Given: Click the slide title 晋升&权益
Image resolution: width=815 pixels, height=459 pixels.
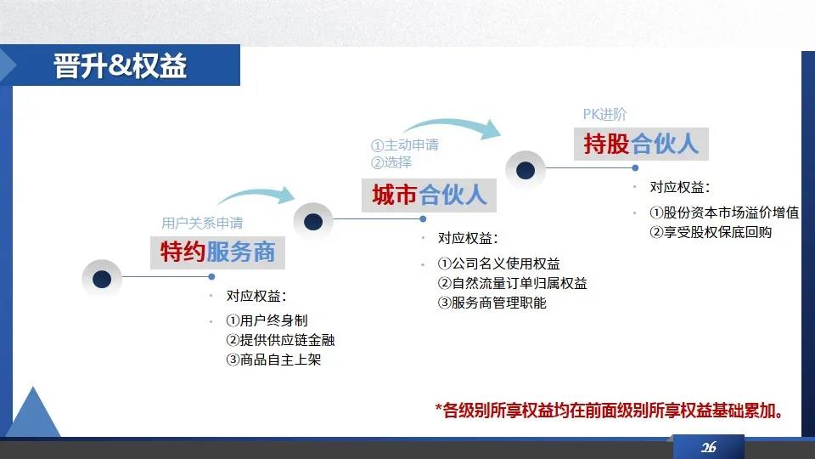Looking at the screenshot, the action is (x=120, y=66).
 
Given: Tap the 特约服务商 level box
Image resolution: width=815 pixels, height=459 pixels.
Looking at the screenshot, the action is (x=218, y=252).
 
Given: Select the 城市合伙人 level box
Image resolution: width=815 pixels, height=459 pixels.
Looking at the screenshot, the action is (x=429, y=195).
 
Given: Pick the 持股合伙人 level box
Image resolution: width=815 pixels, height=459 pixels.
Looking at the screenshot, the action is (x=641, y=144).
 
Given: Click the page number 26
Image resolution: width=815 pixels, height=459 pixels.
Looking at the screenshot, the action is (x=708, y=447).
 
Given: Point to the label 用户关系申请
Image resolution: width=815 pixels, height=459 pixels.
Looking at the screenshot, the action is (x=202, y=224).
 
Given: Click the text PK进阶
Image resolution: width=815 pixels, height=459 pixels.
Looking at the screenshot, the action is (x=604, y=114).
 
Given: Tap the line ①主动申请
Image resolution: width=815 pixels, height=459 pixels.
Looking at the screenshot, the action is (x=405, y=144).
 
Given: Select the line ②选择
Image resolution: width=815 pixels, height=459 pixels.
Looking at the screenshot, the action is (x=391, y=162).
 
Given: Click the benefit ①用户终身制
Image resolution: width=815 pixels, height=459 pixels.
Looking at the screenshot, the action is (x=267, y=320).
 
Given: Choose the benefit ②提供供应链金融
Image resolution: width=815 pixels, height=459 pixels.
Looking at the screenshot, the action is (x=280, y=340).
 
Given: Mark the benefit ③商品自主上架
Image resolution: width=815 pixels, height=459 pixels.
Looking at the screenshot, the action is (x=273, y=360).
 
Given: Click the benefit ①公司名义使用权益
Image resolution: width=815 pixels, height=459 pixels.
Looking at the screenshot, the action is (x=499, y=263).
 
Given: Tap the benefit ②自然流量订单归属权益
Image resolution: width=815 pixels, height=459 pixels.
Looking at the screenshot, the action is (x=513, y=283).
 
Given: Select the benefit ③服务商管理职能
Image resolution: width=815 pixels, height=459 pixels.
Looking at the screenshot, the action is (x=492, y=303).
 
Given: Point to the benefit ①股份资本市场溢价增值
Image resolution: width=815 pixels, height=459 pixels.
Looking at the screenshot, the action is (x=724, y=212).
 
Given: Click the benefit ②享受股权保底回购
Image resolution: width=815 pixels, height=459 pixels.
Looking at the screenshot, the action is (x=711, y=232).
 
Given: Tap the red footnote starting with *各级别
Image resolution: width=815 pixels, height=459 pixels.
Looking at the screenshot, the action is (x=610, y=411).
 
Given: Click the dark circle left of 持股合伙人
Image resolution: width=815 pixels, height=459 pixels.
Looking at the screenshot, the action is (x=526, y=170).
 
